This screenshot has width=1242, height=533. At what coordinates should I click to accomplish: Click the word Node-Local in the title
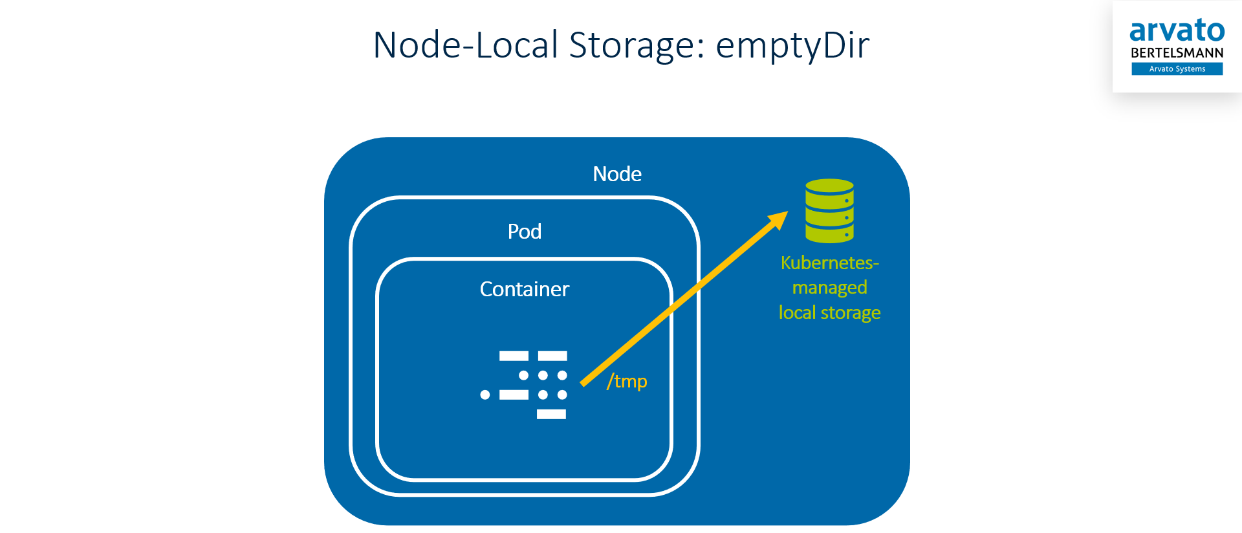pyautogui.click(x=465, y=45)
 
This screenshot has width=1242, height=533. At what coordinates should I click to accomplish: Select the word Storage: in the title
pyautogui.click(x=637, y=45)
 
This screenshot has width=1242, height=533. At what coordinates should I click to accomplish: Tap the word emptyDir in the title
pyautogui.click(x=792, y=45)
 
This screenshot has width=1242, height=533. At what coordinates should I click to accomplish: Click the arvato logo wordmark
pyautogui.click(x=1177, y=31)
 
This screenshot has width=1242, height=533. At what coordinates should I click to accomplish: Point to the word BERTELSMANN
pyautogui.click(x=1177, y=53)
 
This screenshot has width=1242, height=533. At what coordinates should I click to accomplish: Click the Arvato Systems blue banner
pyautogui.click(x=1177, y=69)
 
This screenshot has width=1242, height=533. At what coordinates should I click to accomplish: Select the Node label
pyautogui.click(x=617, y=174)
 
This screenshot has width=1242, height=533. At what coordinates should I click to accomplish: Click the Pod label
pyautogui.click(x=524, y=232)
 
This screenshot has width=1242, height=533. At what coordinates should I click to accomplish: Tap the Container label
pyautogui.click(x=524, y=289)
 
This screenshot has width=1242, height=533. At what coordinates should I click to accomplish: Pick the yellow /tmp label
pyautogui.click(x=627, y=381)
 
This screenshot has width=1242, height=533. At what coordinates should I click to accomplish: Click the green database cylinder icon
pyautogui.click(x=829, y=211)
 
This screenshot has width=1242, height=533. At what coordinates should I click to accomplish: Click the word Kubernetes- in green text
pyautogui.click(x=829, y=263)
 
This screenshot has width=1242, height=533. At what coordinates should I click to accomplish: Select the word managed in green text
pyautogui.click(x=829, y=288)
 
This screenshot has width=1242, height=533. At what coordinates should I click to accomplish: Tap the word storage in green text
pyautogui.click(x=850, y=313)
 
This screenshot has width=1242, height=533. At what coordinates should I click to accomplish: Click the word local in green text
pyautogui.click(x=796, y=313)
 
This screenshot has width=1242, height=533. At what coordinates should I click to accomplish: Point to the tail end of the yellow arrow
pyautogui.click(x=583, y=384)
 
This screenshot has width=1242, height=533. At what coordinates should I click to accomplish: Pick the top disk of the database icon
pyautogui.click(x=829, y=187)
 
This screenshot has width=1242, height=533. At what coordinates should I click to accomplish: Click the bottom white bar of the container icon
pyautogui.click(x=551, y=414)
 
